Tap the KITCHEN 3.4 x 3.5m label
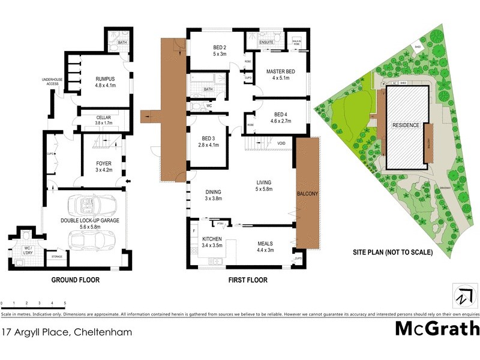point(212,242)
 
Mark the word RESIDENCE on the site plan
point(406,126)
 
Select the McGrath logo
point(437,329)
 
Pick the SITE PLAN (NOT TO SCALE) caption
point(392,253)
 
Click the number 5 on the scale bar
point(64,304)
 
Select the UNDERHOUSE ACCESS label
point(50,82)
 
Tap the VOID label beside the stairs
point(281,143)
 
